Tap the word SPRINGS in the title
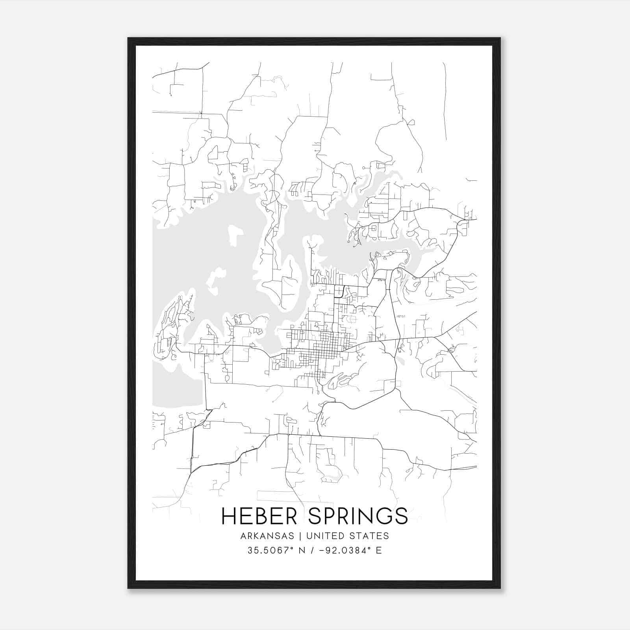pos(358,516)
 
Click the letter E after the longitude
pos(379,550)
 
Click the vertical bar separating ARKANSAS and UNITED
pos(300,536)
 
